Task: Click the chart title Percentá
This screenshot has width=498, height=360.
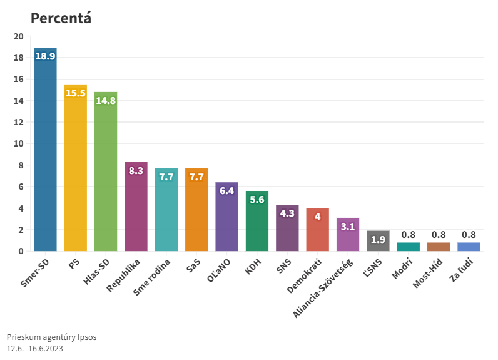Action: pos(61,18)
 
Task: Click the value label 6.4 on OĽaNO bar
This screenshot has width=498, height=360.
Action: pos(226,191)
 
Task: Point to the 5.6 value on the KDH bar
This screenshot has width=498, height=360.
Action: pos(257,200)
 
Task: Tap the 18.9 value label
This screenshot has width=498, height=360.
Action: pos(45,56)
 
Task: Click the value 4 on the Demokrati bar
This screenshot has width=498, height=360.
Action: pos(317,217)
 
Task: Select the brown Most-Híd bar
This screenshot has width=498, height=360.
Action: pos(439,247)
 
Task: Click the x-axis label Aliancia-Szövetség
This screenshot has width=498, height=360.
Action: pos(325,286)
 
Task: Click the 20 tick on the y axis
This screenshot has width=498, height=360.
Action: pos(18,36)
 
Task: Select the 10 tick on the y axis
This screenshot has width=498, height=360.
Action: pos(18,144)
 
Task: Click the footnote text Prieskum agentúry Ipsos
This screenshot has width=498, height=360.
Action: pos(51,337)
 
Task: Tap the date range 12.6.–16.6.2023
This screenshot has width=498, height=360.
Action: pos(35,348)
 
